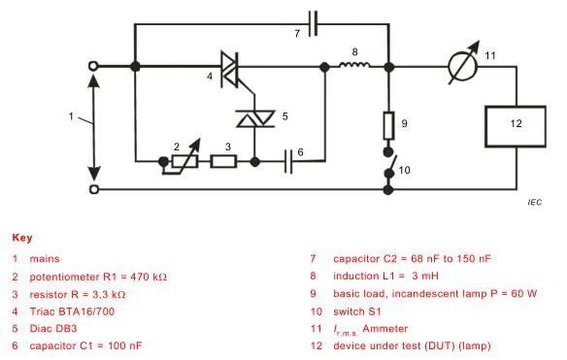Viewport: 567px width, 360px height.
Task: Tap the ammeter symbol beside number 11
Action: tap(450, 67)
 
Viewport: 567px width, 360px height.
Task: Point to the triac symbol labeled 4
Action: tap(231, 67)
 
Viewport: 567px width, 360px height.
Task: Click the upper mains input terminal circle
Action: tap(95, 67)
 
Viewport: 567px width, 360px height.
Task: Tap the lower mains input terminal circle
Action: tap(95, 187)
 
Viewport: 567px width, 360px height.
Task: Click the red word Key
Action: tap(20, 237)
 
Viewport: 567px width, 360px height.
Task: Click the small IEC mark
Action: tap(534, 202)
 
